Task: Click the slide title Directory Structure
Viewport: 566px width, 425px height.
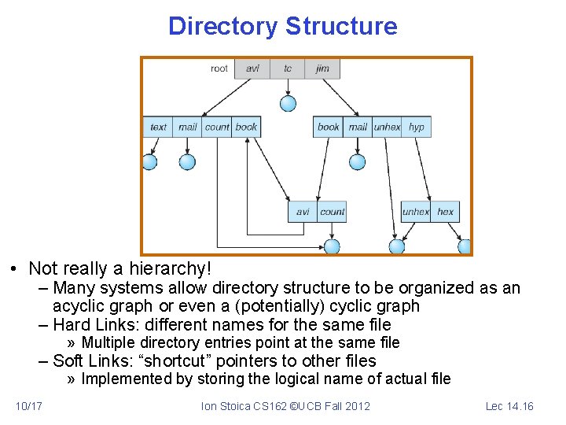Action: tap(282, 26)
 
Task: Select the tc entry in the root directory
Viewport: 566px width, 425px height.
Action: tap(288, 68)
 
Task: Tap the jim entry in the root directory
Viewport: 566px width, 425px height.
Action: tap(322, 68)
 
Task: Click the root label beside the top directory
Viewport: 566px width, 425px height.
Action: tap(219, 68)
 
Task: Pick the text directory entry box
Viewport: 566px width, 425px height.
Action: tap(158, 127)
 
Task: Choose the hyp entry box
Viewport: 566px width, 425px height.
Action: tap(417, 127)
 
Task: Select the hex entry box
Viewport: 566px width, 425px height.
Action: tap(445, 212)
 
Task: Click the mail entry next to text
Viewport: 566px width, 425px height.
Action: tap(187, 127)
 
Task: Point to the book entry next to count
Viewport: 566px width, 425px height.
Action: tap(246, 127)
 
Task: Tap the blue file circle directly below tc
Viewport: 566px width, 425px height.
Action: tap(289, 103)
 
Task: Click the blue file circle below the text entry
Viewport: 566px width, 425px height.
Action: tap(149, 162)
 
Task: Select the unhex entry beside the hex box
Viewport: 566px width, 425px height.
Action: tap(415, 212)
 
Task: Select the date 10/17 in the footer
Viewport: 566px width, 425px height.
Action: tap(29, 406)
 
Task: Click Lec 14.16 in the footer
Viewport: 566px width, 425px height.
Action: tap(509, 406)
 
